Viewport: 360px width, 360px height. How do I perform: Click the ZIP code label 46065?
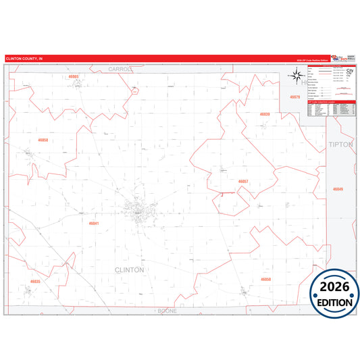click(x=74, y=77)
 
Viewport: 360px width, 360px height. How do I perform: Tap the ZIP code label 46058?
click(x=43, y=140)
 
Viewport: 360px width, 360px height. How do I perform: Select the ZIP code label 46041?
click(x=94, y=222)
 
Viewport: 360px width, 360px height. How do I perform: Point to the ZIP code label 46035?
click(x=36, y=281)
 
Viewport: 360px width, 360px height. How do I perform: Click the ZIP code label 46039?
click(x=265, y=115)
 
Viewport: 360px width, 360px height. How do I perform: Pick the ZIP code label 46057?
click(x=243, y=181)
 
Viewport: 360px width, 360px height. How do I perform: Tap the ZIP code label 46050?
click(x=265, y=278)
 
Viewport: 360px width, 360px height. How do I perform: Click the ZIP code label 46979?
click(x=294, y=97)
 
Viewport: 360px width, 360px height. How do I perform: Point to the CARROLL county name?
click(x=119, y=69)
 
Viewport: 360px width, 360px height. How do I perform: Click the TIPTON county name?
click(x=340, y=145)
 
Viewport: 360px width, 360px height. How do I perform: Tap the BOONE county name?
click(x=167, y=311)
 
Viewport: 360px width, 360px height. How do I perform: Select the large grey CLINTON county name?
click(x=129, y=269)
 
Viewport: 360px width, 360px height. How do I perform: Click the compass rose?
click(x=296, y=77)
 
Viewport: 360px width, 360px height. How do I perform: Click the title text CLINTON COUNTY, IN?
click(x=24, y=59)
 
